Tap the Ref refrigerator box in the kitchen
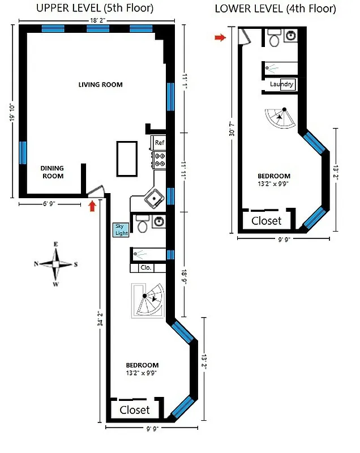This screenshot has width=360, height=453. [x=159, y=143]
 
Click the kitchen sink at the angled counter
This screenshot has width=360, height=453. [x=153, y=199]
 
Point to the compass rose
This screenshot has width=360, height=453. [x=55, y=264]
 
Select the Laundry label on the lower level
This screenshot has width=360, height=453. [x=282, y=85]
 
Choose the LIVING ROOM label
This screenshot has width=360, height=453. [x=100, y=85]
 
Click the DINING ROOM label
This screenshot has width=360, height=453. [x=52, y=172]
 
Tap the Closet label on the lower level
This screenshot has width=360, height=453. [x=267, y=220]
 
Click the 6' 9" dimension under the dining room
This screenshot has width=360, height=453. [x=49, y=204]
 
